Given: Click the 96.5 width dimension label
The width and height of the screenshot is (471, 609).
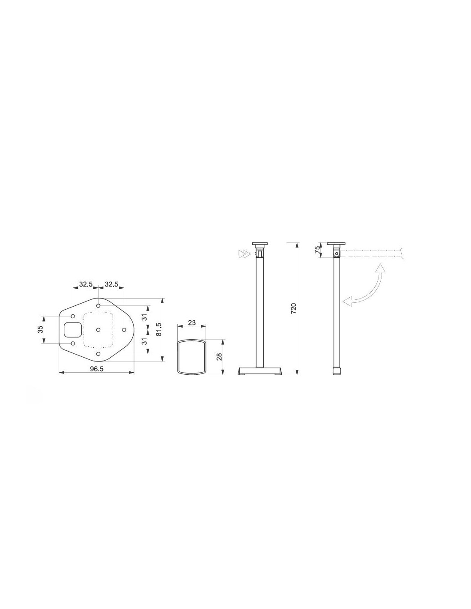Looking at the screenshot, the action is click(x=97, y=369).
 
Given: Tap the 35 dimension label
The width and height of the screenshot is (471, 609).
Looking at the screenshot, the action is click(x=40, y=329).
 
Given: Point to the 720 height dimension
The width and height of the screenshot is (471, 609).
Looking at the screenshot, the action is click(x=293, y=308).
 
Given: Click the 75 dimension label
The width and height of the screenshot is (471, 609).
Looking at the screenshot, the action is click(x=317, y=250).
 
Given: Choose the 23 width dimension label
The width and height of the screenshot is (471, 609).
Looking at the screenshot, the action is click(x=192, y=323).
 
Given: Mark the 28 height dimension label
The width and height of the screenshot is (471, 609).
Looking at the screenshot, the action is click(x=219, y=356).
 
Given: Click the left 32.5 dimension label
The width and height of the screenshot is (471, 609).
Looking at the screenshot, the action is click(x=86, y=284).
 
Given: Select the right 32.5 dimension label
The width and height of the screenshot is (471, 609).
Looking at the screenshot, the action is click(x=111, y=284).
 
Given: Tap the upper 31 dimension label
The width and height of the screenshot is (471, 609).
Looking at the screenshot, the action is click(x=144, y=317).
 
